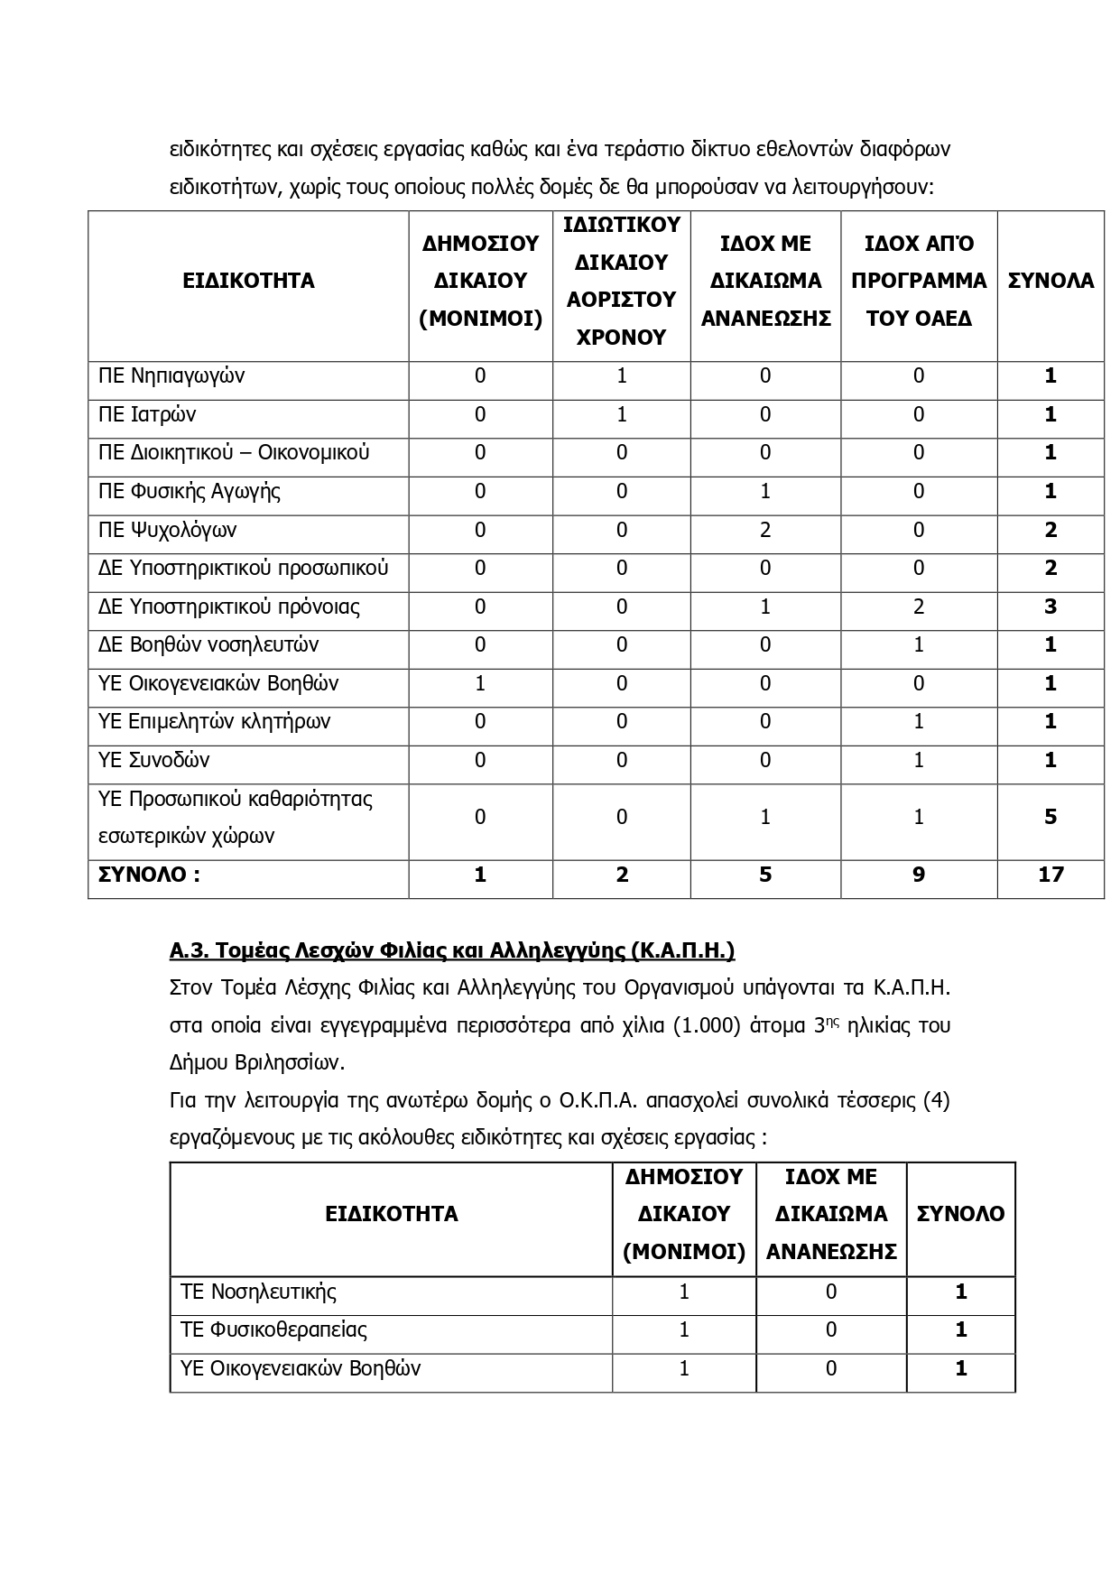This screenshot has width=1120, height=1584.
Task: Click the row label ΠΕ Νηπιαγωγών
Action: point(171,376)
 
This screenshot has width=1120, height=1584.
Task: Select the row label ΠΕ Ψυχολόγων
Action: point(167,530)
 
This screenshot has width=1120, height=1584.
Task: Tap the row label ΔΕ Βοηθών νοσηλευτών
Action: point(208,645)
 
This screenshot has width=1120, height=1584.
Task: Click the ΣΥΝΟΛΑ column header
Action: point(1051,281)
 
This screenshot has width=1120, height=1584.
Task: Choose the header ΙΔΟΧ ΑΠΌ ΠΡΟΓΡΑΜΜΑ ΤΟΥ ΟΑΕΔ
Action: point(919,281)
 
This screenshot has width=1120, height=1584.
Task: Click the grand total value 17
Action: point(1051,875)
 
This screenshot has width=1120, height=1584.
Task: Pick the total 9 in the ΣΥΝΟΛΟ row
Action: point(919,875)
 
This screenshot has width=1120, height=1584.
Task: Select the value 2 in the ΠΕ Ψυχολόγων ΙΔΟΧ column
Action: point(765,530)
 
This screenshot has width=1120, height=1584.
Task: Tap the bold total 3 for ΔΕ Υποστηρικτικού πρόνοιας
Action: point(1051,607)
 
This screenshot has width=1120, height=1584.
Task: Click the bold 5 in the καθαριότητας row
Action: point(1051,817)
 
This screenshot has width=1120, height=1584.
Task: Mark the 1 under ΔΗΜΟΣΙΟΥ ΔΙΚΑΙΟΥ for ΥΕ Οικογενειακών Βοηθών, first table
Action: point(480,683)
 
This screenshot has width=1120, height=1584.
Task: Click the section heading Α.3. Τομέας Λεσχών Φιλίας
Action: point(452,950)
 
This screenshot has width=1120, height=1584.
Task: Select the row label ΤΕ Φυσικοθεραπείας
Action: point(273,1329)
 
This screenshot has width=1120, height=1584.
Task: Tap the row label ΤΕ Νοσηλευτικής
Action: point(258,1292)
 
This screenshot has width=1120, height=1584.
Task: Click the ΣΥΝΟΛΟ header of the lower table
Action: point(960,1214)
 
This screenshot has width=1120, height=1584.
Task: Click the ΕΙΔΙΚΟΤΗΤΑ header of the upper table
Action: point(248,281)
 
